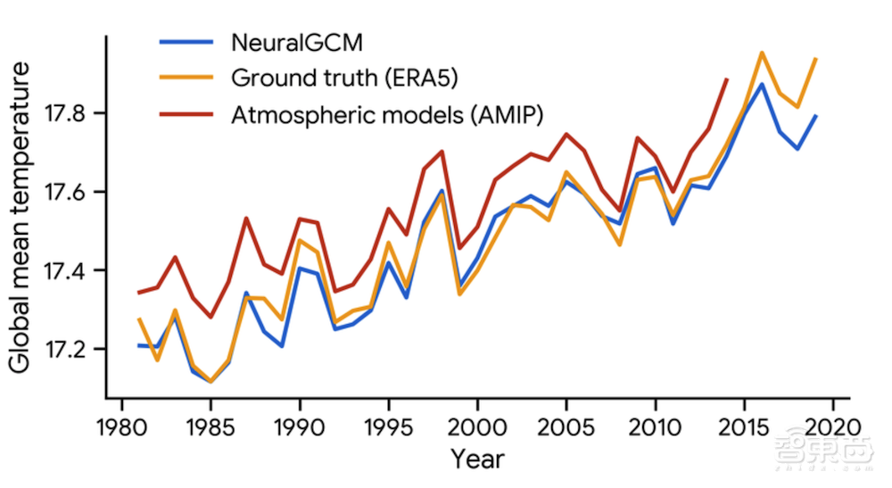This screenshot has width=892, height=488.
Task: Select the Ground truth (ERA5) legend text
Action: (344, 78)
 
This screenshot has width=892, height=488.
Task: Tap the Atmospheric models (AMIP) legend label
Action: (388, 114)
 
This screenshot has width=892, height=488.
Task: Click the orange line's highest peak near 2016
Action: (762, 52)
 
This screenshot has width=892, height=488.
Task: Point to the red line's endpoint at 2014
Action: (727, 79)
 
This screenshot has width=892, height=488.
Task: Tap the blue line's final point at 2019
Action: (816, 116)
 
